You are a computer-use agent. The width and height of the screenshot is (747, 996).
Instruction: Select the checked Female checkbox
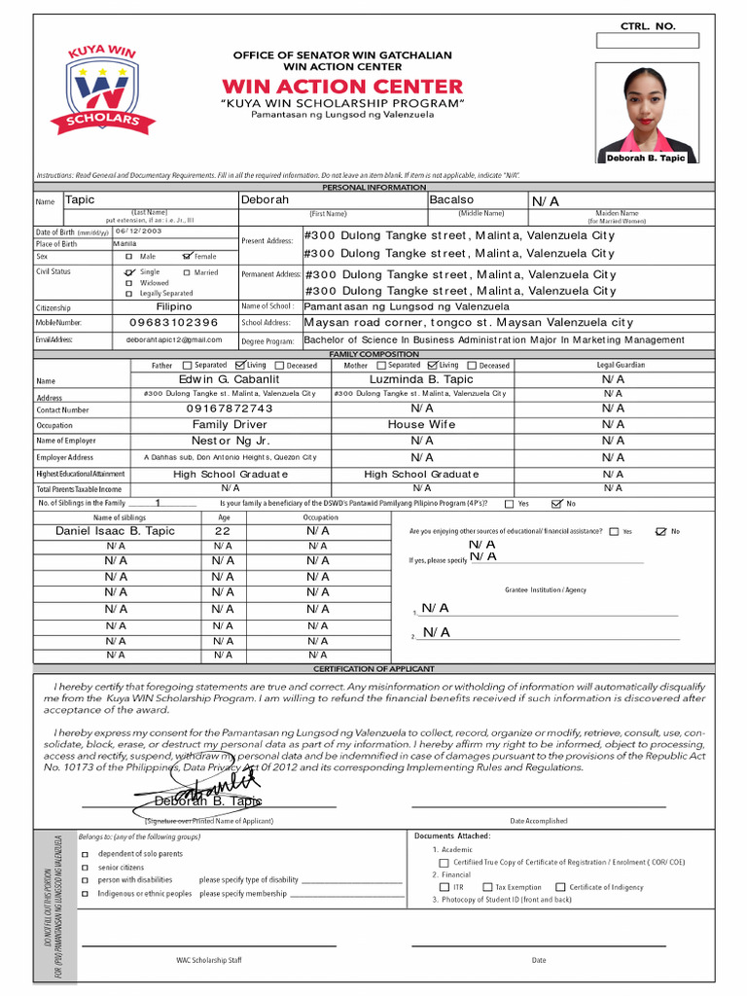click(188, 256)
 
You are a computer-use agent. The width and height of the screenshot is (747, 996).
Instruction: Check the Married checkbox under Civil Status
click(187, 273)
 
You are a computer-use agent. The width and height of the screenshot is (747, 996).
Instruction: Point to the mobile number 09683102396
click(173, 322)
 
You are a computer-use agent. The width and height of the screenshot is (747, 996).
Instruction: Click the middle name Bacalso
click(452, 199)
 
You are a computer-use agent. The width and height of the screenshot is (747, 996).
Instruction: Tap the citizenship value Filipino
click(174, 305)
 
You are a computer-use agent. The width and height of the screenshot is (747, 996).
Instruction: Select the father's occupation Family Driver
click(229, 425)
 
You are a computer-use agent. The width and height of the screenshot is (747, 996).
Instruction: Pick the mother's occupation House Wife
click(421, 425)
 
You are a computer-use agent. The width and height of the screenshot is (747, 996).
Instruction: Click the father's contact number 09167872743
click(230, 409)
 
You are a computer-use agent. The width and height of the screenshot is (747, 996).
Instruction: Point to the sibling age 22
click(223, 531)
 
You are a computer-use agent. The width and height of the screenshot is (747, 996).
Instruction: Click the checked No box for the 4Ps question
click(556, 504)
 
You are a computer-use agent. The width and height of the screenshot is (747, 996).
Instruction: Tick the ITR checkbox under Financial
click(445, 887)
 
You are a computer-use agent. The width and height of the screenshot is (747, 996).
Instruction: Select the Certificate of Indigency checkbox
click(561, 887)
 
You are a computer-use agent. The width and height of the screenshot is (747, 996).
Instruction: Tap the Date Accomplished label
click(539, 821)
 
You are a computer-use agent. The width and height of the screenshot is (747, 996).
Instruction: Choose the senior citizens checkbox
click(87, 867)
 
